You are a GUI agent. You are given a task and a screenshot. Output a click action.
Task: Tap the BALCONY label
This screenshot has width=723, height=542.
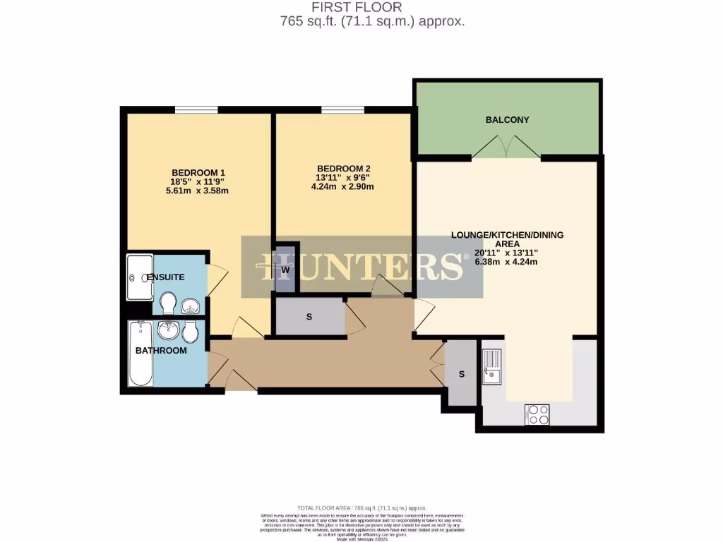507,120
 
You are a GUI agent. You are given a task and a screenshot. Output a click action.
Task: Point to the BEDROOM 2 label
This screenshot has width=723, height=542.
344,168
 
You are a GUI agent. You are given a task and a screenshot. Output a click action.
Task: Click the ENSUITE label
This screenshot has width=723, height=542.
166,277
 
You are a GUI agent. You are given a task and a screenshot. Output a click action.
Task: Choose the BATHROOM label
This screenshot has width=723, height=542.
161,351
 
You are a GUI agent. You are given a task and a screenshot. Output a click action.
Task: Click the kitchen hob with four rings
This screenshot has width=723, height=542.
537,414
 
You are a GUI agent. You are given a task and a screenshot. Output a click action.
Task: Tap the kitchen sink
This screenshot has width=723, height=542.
491,367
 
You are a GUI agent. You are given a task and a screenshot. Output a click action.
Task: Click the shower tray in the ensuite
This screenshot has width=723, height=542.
139,277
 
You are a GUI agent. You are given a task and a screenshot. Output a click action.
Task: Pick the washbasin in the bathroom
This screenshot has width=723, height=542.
167,330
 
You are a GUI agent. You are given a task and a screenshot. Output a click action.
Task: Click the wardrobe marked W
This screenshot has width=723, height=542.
286,269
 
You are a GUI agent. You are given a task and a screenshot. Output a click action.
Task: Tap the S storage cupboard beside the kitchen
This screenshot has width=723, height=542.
462,374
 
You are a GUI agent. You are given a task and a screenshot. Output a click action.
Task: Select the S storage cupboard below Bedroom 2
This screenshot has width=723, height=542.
309,317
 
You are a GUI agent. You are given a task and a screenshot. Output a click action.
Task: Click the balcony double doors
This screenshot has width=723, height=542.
507,148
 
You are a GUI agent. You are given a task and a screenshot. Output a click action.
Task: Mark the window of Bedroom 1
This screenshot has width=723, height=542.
196,109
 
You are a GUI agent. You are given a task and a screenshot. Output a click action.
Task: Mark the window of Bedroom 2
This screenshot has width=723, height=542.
342,109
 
